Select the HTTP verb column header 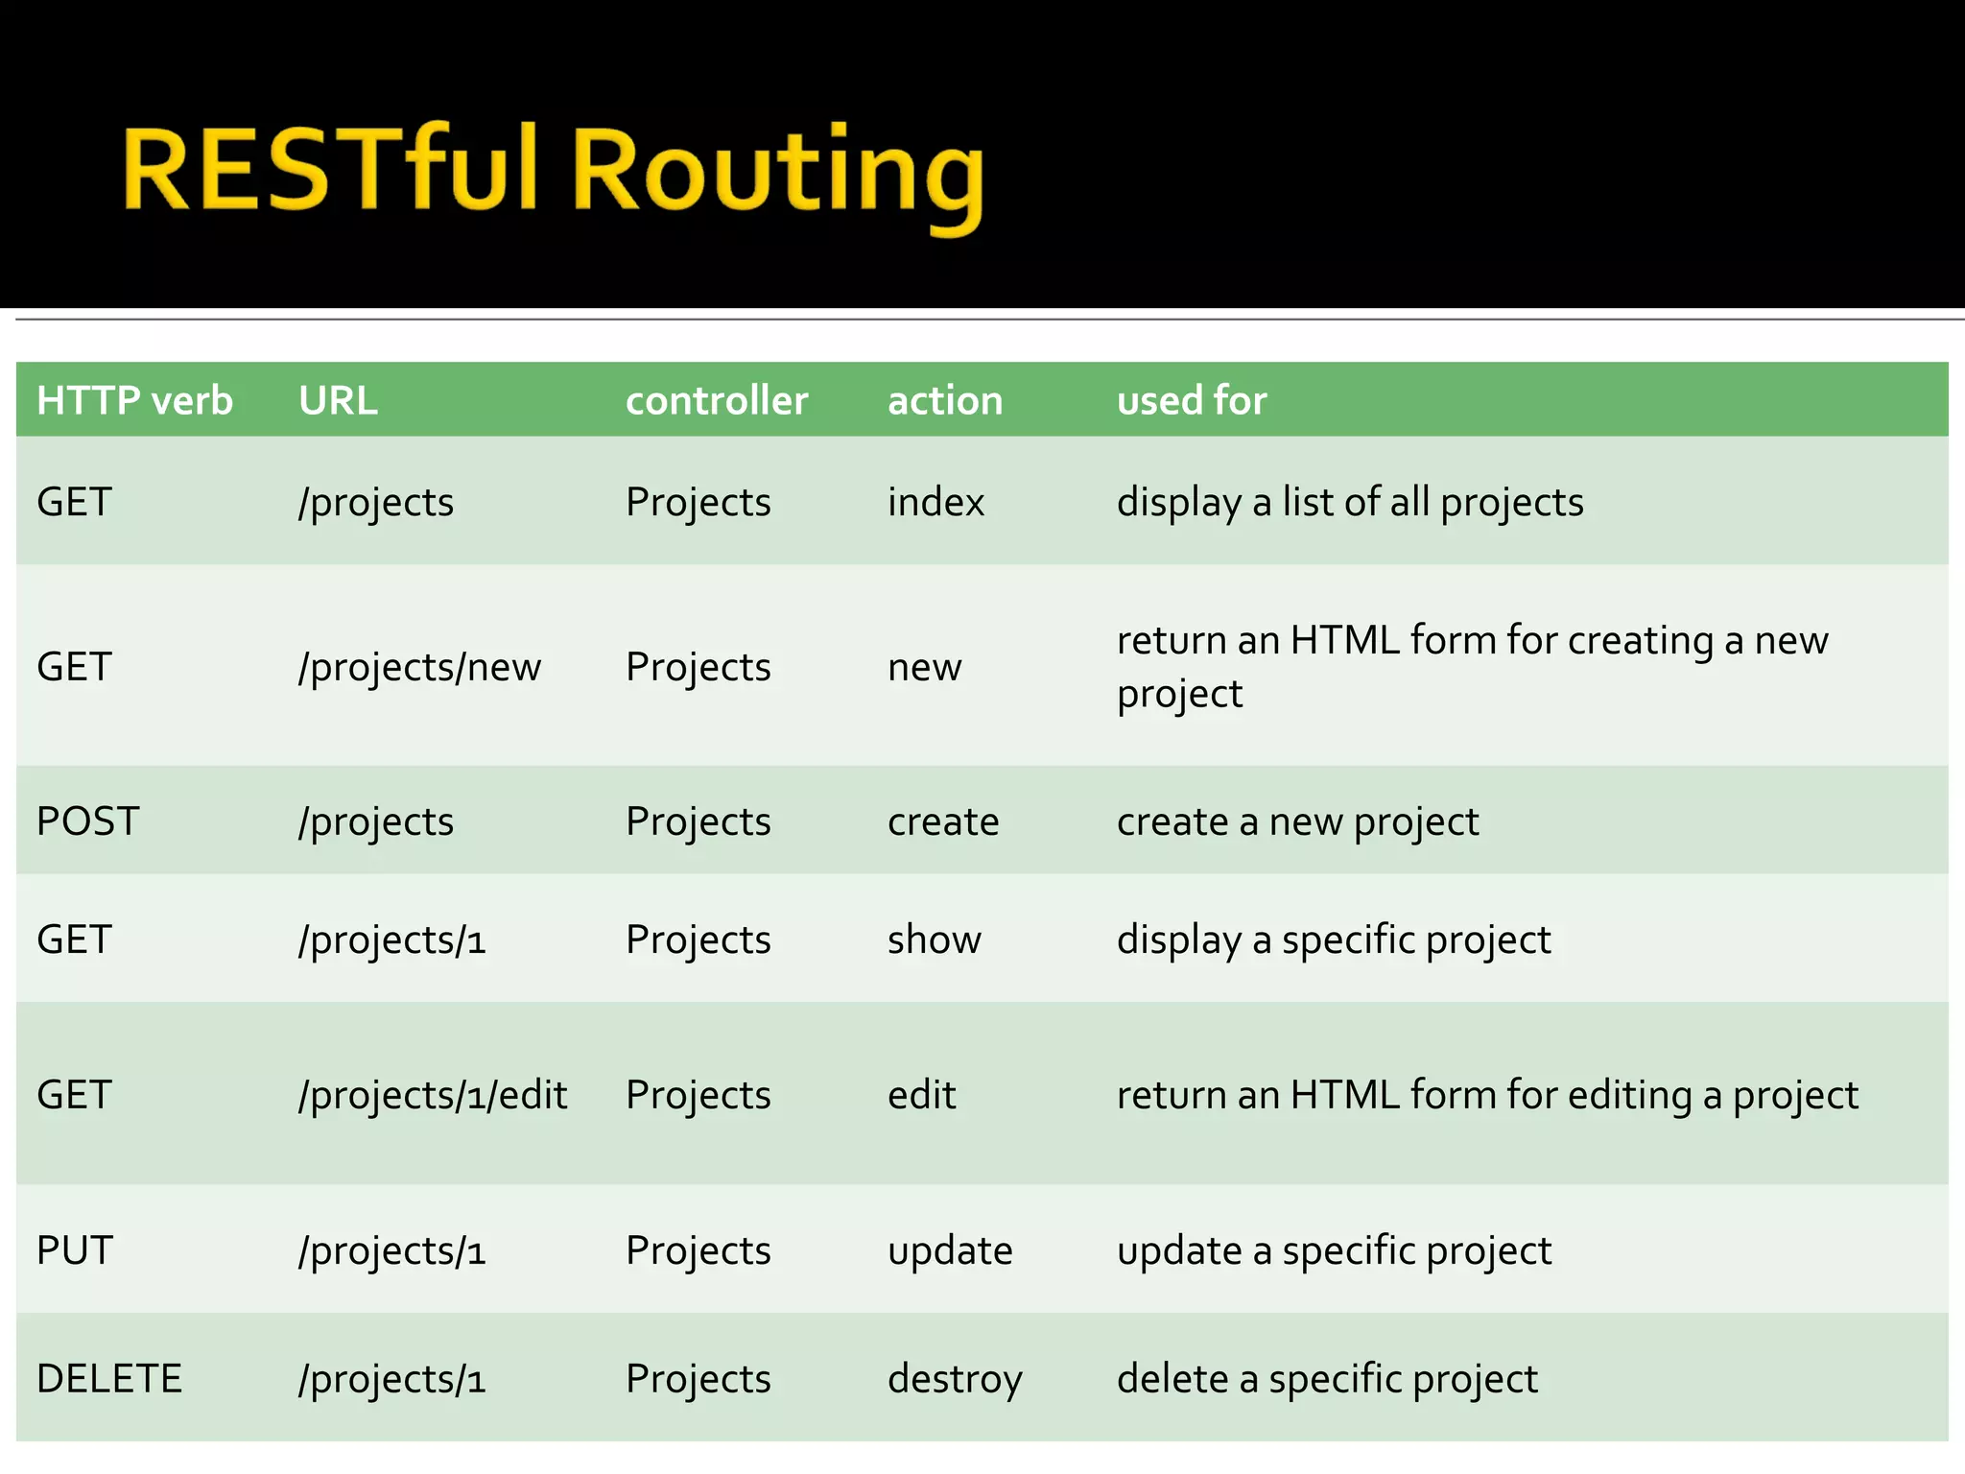click(134, 400)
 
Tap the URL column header click(338, 400)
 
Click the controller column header click(716, 400)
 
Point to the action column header click(944, 400)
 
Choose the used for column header click(1191, 400)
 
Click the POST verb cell click(87, 821)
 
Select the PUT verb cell click(75, 1249)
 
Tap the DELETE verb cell click(108, 1378)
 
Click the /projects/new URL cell click(419, 667)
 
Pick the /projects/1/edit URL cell click(432, 1095)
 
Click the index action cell click(935, 502)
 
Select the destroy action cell click(955, 1379)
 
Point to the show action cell click(934, 939)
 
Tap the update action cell click(950, 1250)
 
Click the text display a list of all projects click(1349, 502)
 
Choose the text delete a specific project click(1327, 1379)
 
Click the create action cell click(942, 821)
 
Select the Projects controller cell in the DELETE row click(698, 1379)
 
